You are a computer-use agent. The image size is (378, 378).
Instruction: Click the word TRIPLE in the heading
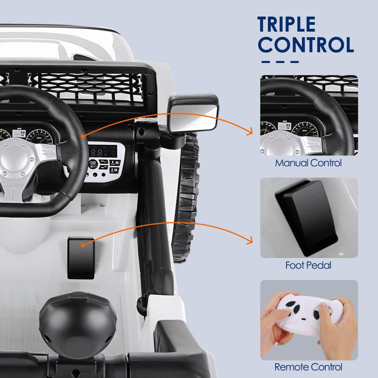coord(286,25)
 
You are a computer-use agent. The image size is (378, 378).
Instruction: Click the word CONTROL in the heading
coord(306,45)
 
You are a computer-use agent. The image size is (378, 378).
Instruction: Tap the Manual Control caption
coord(309,163)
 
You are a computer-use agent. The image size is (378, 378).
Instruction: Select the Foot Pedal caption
coord(308,266)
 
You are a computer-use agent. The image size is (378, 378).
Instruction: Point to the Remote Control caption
coord(308,367)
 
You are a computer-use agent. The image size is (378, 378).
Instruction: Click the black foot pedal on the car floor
coord(81,258)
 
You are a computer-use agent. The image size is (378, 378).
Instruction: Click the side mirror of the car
coord(194,113)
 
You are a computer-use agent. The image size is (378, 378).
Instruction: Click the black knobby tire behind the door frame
coord(187,198)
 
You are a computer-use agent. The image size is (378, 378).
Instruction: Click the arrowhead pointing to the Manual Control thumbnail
coord(250,134)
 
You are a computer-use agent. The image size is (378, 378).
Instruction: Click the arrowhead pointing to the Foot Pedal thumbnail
coord(250,242)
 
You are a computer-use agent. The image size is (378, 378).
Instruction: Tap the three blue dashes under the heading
coord(280,61)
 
